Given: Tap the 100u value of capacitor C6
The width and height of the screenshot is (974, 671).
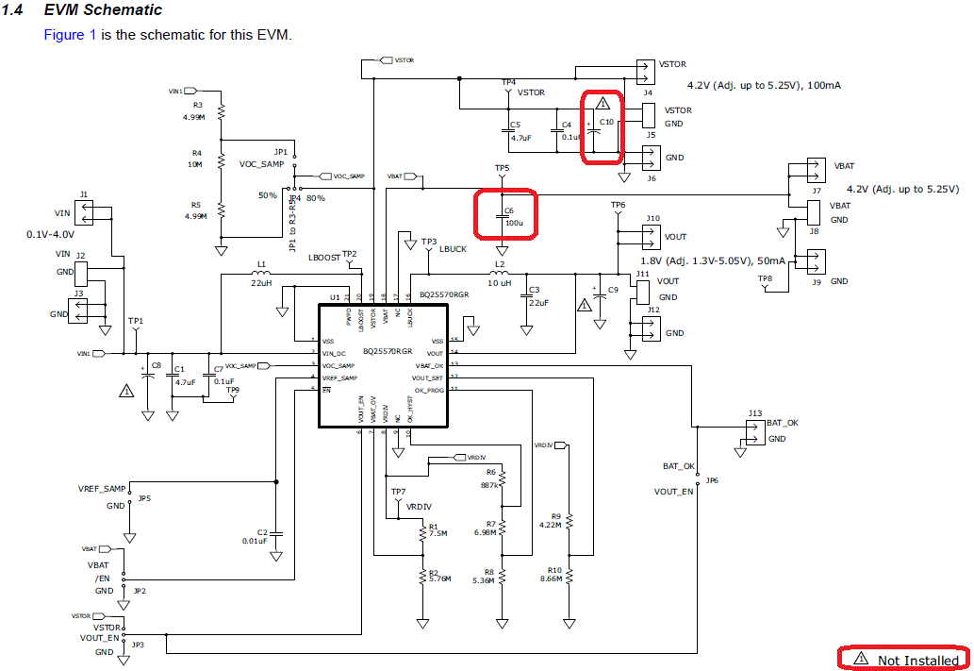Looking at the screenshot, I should coord(514,223).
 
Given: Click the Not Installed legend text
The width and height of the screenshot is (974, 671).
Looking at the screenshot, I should coord(917,660).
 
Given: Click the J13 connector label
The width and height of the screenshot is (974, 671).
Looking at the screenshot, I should coord(754,413).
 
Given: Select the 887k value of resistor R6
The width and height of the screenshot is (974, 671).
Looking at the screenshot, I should coord(488,484).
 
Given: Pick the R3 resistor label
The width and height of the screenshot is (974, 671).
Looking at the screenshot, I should coord(197,105).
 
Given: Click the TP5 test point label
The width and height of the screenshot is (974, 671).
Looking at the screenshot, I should coord(502,169).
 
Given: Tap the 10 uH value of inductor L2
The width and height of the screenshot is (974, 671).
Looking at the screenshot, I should coord(499,283).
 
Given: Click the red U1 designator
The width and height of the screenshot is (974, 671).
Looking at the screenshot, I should coord(334,297).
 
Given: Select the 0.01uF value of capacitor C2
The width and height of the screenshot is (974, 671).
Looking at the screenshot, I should coord(255,541).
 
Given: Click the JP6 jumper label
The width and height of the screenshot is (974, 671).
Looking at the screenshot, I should coord(711,480).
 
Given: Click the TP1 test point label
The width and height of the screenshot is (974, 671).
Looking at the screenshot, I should coord(136,322).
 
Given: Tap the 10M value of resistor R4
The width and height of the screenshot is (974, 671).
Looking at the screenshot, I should coord(195,164).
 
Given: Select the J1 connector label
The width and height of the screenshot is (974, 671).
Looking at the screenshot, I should coord(83,194).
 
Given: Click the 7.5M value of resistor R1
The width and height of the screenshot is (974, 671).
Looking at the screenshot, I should coord(437,533).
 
